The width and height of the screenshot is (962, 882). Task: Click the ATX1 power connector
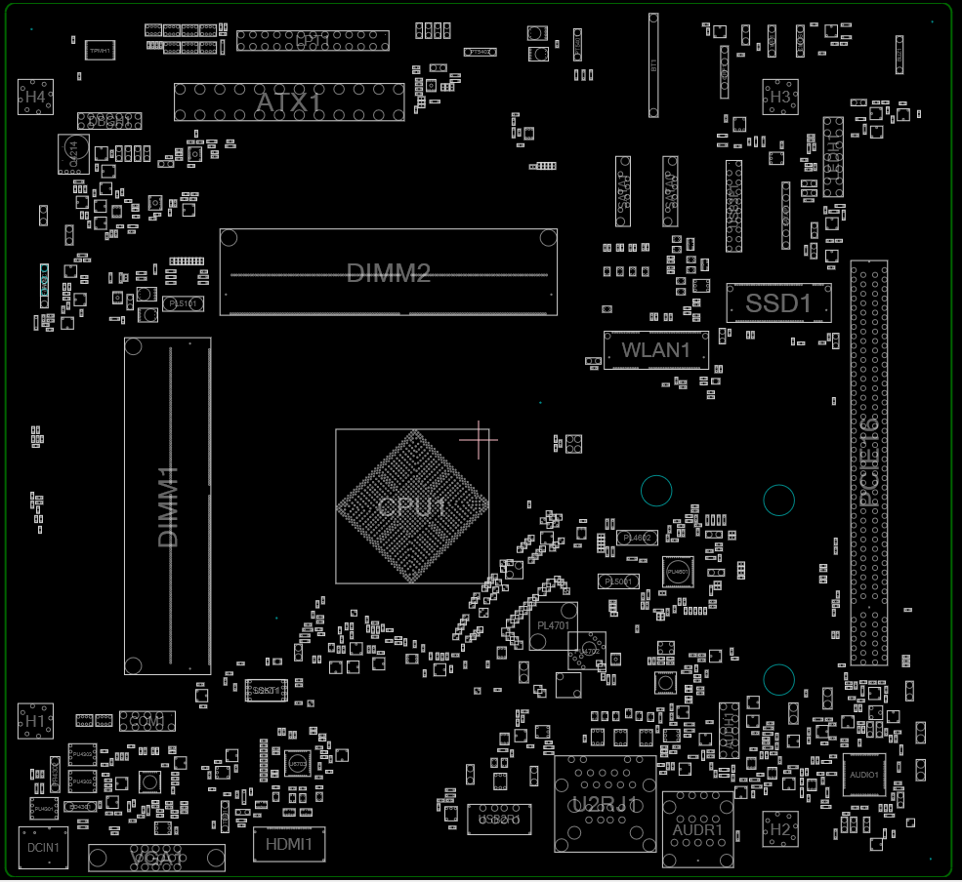289,102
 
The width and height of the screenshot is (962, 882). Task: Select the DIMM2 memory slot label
389,273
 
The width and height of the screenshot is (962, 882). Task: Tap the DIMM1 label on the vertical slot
168,506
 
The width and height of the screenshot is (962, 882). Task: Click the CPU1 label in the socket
412,507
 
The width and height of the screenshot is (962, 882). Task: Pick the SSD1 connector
778,303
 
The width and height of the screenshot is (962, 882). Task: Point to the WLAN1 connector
655,349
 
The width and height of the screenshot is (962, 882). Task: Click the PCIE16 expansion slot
868,462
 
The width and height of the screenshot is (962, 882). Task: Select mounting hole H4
35,98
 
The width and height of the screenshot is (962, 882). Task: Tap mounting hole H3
779,98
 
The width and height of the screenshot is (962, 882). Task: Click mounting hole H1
36,721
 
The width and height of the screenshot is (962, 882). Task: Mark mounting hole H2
779,829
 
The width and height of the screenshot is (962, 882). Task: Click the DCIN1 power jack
43,848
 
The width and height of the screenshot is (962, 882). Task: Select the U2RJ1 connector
605,804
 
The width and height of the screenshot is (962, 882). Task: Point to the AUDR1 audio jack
697,829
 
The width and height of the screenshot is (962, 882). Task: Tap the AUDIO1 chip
864,775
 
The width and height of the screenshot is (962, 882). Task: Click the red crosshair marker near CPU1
479,439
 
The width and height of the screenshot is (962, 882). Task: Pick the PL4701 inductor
553,625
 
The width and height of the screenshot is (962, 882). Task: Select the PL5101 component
183,304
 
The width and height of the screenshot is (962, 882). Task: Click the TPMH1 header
100,49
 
